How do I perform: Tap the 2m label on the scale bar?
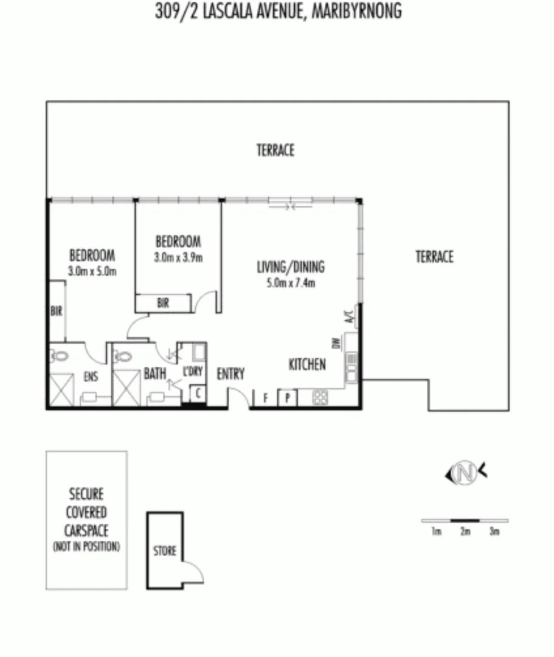coord(465,532)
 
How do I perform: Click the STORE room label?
coord(164,551)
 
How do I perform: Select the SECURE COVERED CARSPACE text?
coord(86,512)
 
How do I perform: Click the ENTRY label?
coord(230,374)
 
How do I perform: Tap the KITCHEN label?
coord(307,364)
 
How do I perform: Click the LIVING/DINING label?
coord(291,266)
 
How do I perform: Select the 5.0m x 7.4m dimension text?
coord(291,282)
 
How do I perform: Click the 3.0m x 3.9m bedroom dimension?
coord(178,257)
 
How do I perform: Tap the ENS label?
coord(91,377)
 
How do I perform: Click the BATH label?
coord(155,374)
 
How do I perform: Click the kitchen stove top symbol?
coord(320,397)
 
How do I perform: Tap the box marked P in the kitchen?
coord(287,398)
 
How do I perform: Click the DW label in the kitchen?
coord(336,344)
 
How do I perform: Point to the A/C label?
coord(348,317)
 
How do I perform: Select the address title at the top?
coord(278,12)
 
